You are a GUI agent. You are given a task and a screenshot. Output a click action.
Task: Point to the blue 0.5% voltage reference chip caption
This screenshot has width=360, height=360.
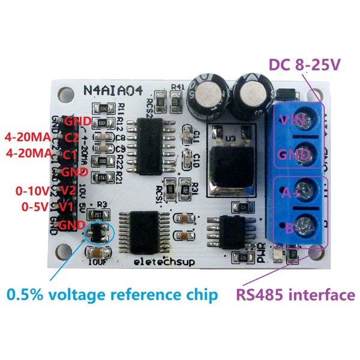[112, 295]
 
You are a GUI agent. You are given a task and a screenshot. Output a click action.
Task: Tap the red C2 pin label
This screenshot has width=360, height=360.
[72, 138]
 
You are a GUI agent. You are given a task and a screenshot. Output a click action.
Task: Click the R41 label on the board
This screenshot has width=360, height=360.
[177, 86]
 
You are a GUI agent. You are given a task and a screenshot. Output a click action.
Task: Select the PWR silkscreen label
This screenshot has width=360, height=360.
[262, 256]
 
